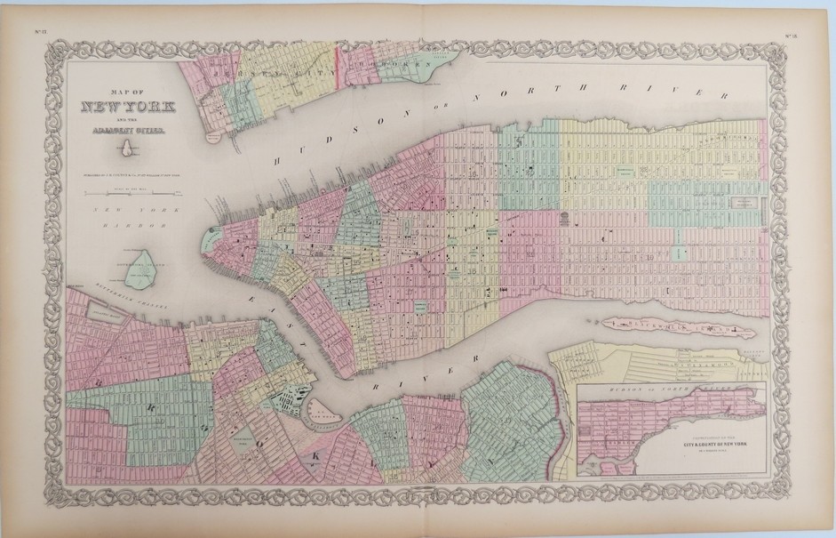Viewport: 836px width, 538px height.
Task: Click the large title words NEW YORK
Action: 134,108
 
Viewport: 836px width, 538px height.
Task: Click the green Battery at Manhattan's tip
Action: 214,239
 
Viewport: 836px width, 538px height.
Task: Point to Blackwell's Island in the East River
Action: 667,329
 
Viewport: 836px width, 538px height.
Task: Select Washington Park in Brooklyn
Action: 237,445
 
